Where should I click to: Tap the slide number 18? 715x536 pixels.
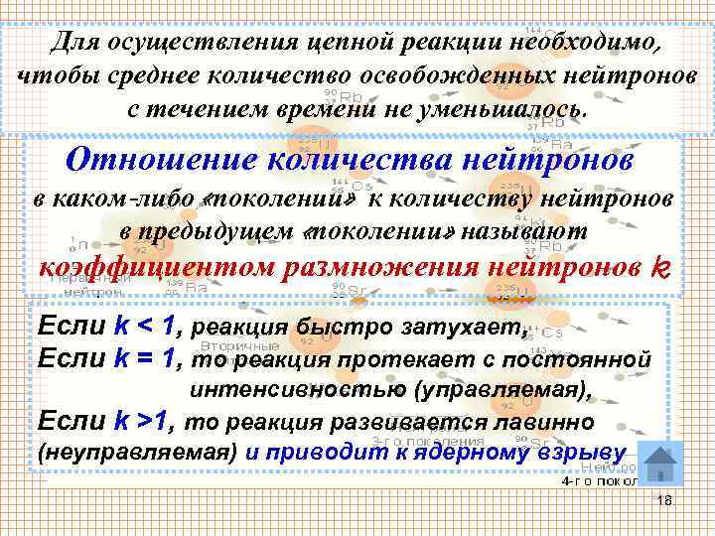664,501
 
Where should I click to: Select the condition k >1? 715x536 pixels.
143,421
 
